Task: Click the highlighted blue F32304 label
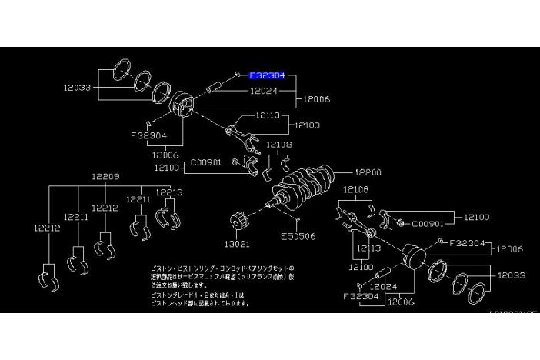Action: tap(266, 75)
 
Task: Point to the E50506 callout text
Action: tap(298, 236)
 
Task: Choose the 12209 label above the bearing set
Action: tap(105, 176)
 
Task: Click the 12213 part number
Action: tap(168, 192)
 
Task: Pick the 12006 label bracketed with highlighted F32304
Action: tap(317, 100)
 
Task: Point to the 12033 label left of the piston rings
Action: tap(78, 88)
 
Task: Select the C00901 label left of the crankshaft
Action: tap(206, 163)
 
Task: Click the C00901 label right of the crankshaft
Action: tap(428, 225)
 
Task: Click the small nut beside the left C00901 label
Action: tap(234, 163)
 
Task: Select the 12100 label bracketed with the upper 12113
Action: tap(306, 125)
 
